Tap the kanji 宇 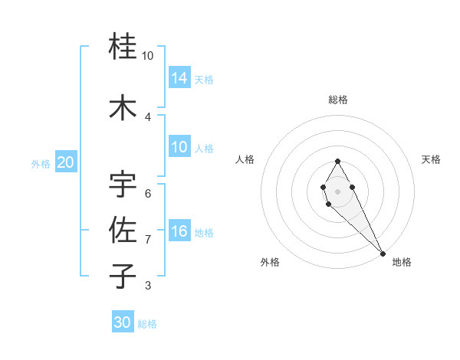(x=123, y=184)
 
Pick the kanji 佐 (x=123, y=229)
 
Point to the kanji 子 (x=123, y=276)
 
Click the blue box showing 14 (x=179, y=77)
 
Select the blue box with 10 (x=179, y=147)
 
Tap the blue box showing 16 (x=179, y=231)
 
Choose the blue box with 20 (x=66, y=162)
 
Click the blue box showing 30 (x=123, y=322)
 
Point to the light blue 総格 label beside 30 (x=147, y=324)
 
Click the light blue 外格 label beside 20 (x=40, y=163)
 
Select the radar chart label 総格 (x=338, y=100)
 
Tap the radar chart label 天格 (x=431, y=159)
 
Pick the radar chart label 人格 (x=245, y=159)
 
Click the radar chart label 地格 (x=402, y=262)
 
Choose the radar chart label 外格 (x=270, y=262)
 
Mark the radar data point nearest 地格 (x=383, y=253)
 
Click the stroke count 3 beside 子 (x=148, y=286)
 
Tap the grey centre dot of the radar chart (x=338, y=191)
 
